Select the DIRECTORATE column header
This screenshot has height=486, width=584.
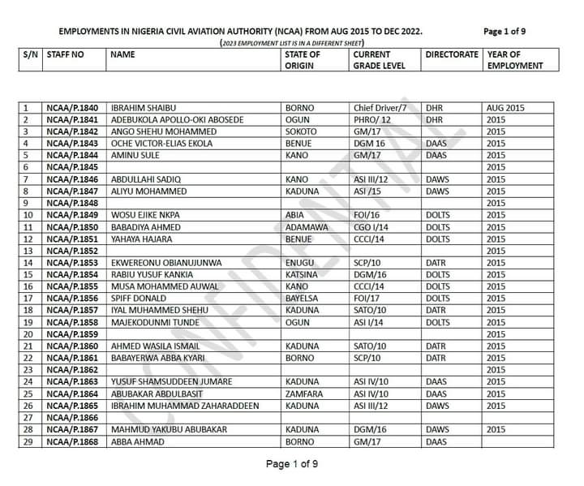pyautogui.click(x=452, y=54)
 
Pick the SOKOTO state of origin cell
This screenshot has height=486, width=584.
pyautogui.click(x=301, y=131)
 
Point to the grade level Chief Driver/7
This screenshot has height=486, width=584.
pyautogui.click(x=383, y=108)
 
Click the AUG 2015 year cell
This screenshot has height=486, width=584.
pyautogui.click(x=505, y=108)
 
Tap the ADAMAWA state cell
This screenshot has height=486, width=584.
pyautogui.click(x=307, y=227)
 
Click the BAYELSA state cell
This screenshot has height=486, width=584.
pyautogui.click(x=303, y=299)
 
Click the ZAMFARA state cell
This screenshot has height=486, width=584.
pyautogui.click(x=305, y=394)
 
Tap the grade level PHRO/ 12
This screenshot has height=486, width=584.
pyautogui.click(x=372, y=119)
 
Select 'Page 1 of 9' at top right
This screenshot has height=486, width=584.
pyautogui.click(x=505, y=32)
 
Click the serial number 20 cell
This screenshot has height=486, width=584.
pyautogui.click(x=28, y=334)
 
